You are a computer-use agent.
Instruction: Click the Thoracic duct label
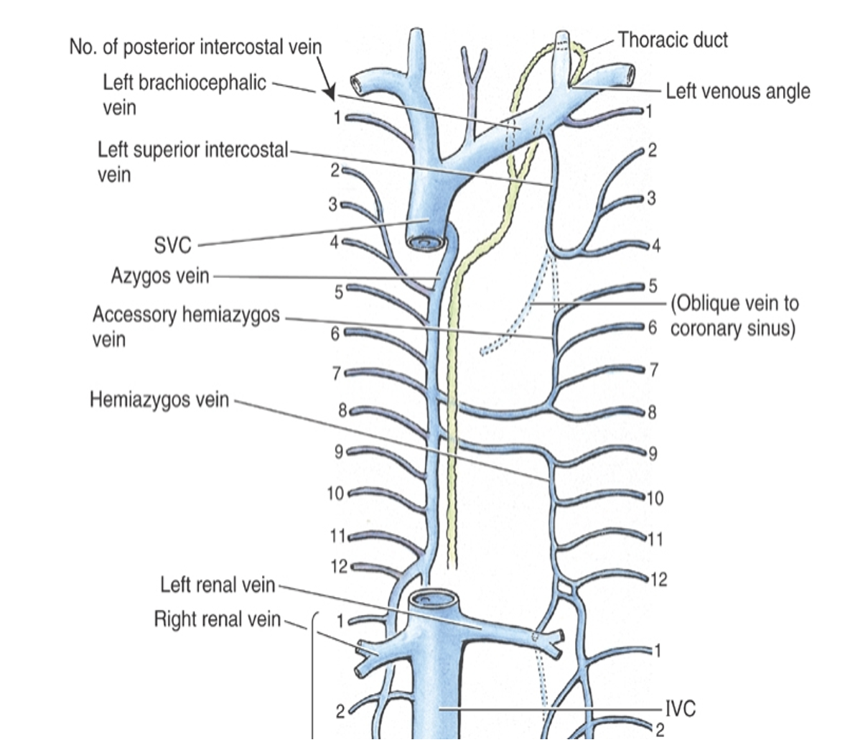coord(673,40)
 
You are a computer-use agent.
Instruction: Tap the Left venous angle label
coord(738,92)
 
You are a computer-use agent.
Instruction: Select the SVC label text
coord(173,246)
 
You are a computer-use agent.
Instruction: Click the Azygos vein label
coord(160,276)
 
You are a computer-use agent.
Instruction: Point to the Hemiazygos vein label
coord(159,399)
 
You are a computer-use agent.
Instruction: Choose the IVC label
coord(681,709)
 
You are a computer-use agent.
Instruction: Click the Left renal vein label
coord(218,585)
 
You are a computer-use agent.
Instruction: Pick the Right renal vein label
coord(218,619)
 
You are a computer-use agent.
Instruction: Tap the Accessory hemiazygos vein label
coord(186,327)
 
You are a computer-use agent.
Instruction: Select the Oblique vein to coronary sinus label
coord(734,316)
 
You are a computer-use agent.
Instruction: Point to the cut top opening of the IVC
coord(434,600)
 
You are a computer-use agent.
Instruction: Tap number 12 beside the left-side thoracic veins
coord(339,567)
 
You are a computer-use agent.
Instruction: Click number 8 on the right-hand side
coord(652,412)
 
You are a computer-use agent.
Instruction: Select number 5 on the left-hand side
coord(338,293)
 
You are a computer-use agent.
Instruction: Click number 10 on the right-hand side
coord(655,498)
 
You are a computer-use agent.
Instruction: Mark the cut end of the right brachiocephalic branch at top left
coord(358,83)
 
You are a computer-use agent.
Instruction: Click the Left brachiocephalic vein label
coord(185,95)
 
